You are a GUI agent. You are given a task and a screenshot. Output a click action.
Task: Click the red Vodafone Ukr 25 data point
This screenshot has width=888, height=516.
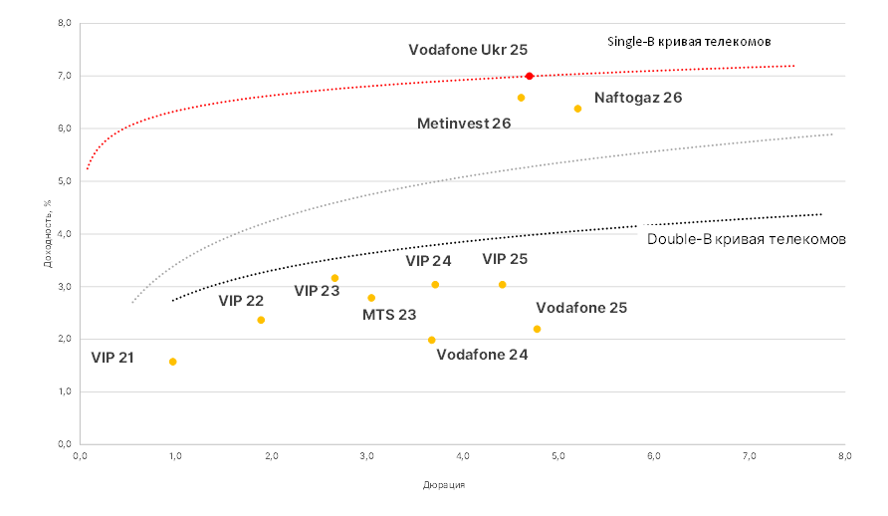[530, 76]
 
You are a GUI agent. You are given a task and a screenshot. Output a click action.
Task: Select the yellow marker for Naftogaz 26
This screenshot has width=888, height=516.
[577, 109]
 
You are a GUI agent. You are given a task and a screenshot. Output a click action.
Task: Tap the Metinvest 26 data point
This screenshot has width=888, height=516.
[521, 98]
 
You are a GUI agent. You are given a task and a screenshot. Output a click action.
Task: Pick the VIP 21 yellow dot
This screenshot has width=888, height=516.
[173, 362]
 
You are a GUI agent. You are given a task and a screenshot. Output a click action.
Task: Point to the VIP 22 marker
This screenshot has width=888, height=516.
[261, 320]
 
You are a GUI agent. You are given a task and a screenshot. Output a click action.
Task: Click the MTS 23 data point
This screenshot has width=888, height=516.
[371, 298]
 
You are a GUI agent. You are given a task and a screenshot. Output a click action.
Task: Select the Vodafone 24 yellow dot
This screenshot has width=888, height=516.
[431, 340]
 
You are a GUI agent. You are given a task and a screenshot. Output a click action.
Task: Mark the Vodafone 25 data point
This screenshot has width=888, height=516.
[537, 329]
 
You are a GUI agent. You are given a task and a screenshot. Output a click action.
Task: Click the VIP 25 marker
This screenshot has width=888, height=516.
[502, 285]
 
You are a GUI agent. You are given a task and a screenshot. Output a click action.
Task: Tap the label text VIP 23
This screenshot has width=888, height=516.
[317, 291]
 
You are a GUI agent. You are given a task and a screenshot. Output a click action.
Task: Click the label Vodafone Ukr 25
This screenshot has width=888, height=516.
[468, 49]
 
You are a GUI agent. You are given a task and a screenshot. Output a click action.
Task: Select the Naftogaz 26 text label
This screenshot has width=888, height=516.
[638, 98]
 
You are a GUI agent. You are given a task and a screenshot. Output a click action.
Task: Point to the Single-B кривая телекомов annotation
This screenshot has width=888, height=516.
[690, 42]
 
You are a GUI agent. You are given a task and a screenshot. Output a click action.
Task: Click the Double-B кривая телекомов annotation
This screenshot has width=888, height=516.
[747, 240]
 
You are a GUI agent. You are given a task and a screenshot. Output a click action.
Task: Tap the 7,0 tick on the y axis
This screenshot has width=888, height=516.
[63, 76]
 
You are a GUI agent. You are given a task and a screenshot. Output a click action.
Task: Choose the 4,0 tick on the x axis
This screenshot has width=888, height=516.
[462, 456]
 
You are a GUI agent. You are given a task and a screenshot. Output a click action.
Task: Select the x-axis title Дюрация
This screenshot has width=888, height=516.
[444, 486]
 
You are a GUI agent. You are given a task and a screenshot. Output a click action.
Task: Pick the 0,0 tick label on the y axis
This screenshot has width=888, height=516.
[63, 444]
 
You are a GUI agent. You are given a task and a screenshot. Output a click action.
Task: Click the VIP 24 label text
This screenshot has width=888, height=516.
[428, 261]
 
